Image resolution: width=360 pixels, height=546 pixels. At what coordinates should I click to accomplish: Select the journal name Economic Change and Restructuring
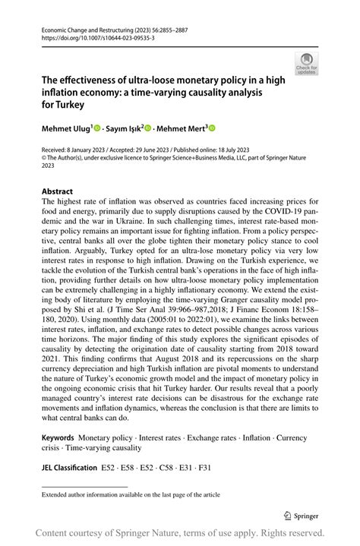pyautogui.click(x=83, y=28)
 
